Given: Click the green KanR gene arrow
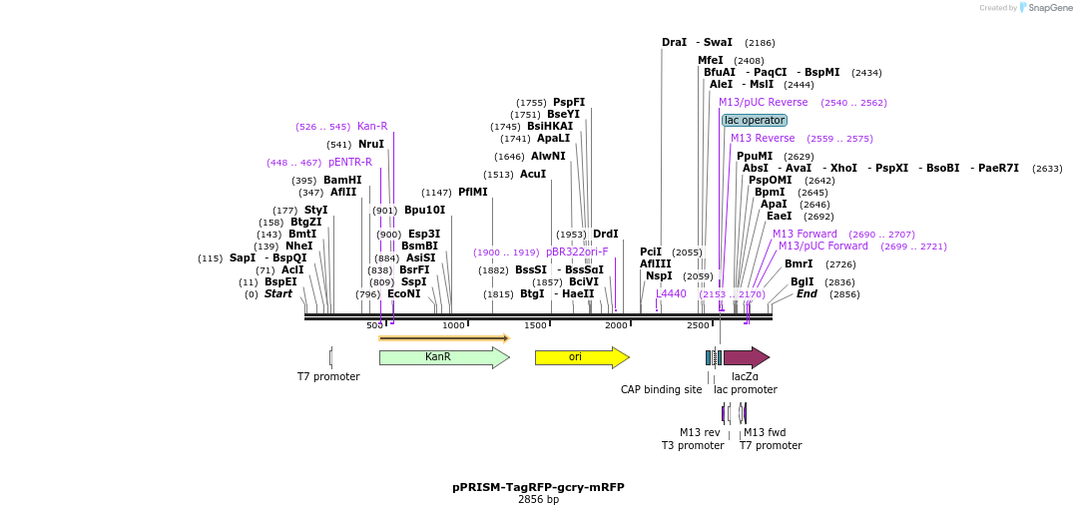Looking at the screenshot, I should pyautogui.click(x=439, y=357).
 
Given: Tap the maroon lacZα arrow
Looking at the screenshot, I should pyautogui.click(x=745, y=357).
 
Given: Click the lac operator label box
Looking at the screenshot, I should pyautogui.click(x=755, y=120).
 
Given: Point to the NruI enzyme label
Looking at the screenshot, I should pyautogui.click(x=371, y=145).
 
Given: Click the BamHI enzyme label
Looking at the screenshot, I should pyautogui.click(x=342, y=181).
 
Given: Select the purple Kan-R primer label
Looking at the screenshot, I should pyautogui.click(x=372, y=127).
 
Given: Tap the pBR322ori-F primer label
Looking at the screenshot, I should pyautogui.click(x=577, y=253).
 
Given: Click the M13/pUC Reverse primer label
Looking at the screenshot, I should pyautogui.click(x=764, y=103).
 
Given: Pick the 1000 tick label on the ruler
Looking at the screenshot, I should pyautogui.click(x=454, y=326).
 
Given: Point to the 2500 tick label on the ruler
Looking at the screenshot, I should pyautogui.click(x=698, y=326).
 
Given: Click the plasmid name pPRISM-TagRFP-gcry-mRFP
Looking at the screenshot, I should pyautogui.click(x=538, y=488).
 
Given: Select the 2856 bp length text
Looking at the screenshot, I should pyautogui.click(x=538, y=500).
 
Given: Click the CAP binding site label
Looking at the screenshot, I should pyautogui.click(x=661, y=390).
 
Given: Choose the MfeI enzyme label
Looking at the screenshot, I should pyautogui.click(x=711, y=61).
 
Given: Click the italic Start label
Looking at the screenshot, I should pyautogui.click(x=278, y=294).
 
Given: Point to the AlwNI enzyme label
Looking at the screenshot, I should pyautogui.click(x=548, y=157).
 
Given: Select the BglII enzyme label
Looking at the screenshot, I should pyautogui.click(x=803, y=282).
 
